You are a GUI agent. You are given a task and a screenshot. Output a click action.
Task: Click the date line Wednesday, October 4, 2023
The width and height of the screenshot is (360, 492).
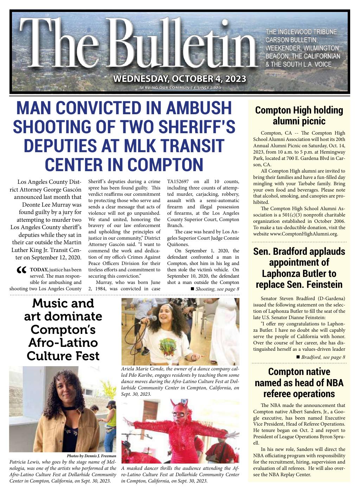[180, 78]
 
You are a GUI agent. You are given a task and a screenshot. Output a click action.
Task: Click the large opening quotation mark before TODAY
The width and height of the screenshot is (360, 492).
[21, 271]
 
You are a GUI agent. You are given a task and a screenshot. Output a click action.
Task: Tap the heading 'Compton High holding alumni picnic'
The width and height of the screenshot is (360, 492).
[299, 116]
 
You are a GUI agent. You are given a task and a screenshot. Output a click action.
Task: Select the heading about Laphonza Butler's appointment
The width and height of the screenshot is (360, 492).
[299, 268]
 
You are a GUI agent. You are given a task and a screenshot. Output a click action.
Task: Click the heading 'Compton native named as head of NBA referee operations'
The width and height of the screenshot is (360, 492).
[299, 382]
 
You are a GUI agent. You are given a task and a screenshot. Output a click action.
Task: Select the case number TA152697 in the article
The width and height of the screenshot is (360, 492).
[178, 182]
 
